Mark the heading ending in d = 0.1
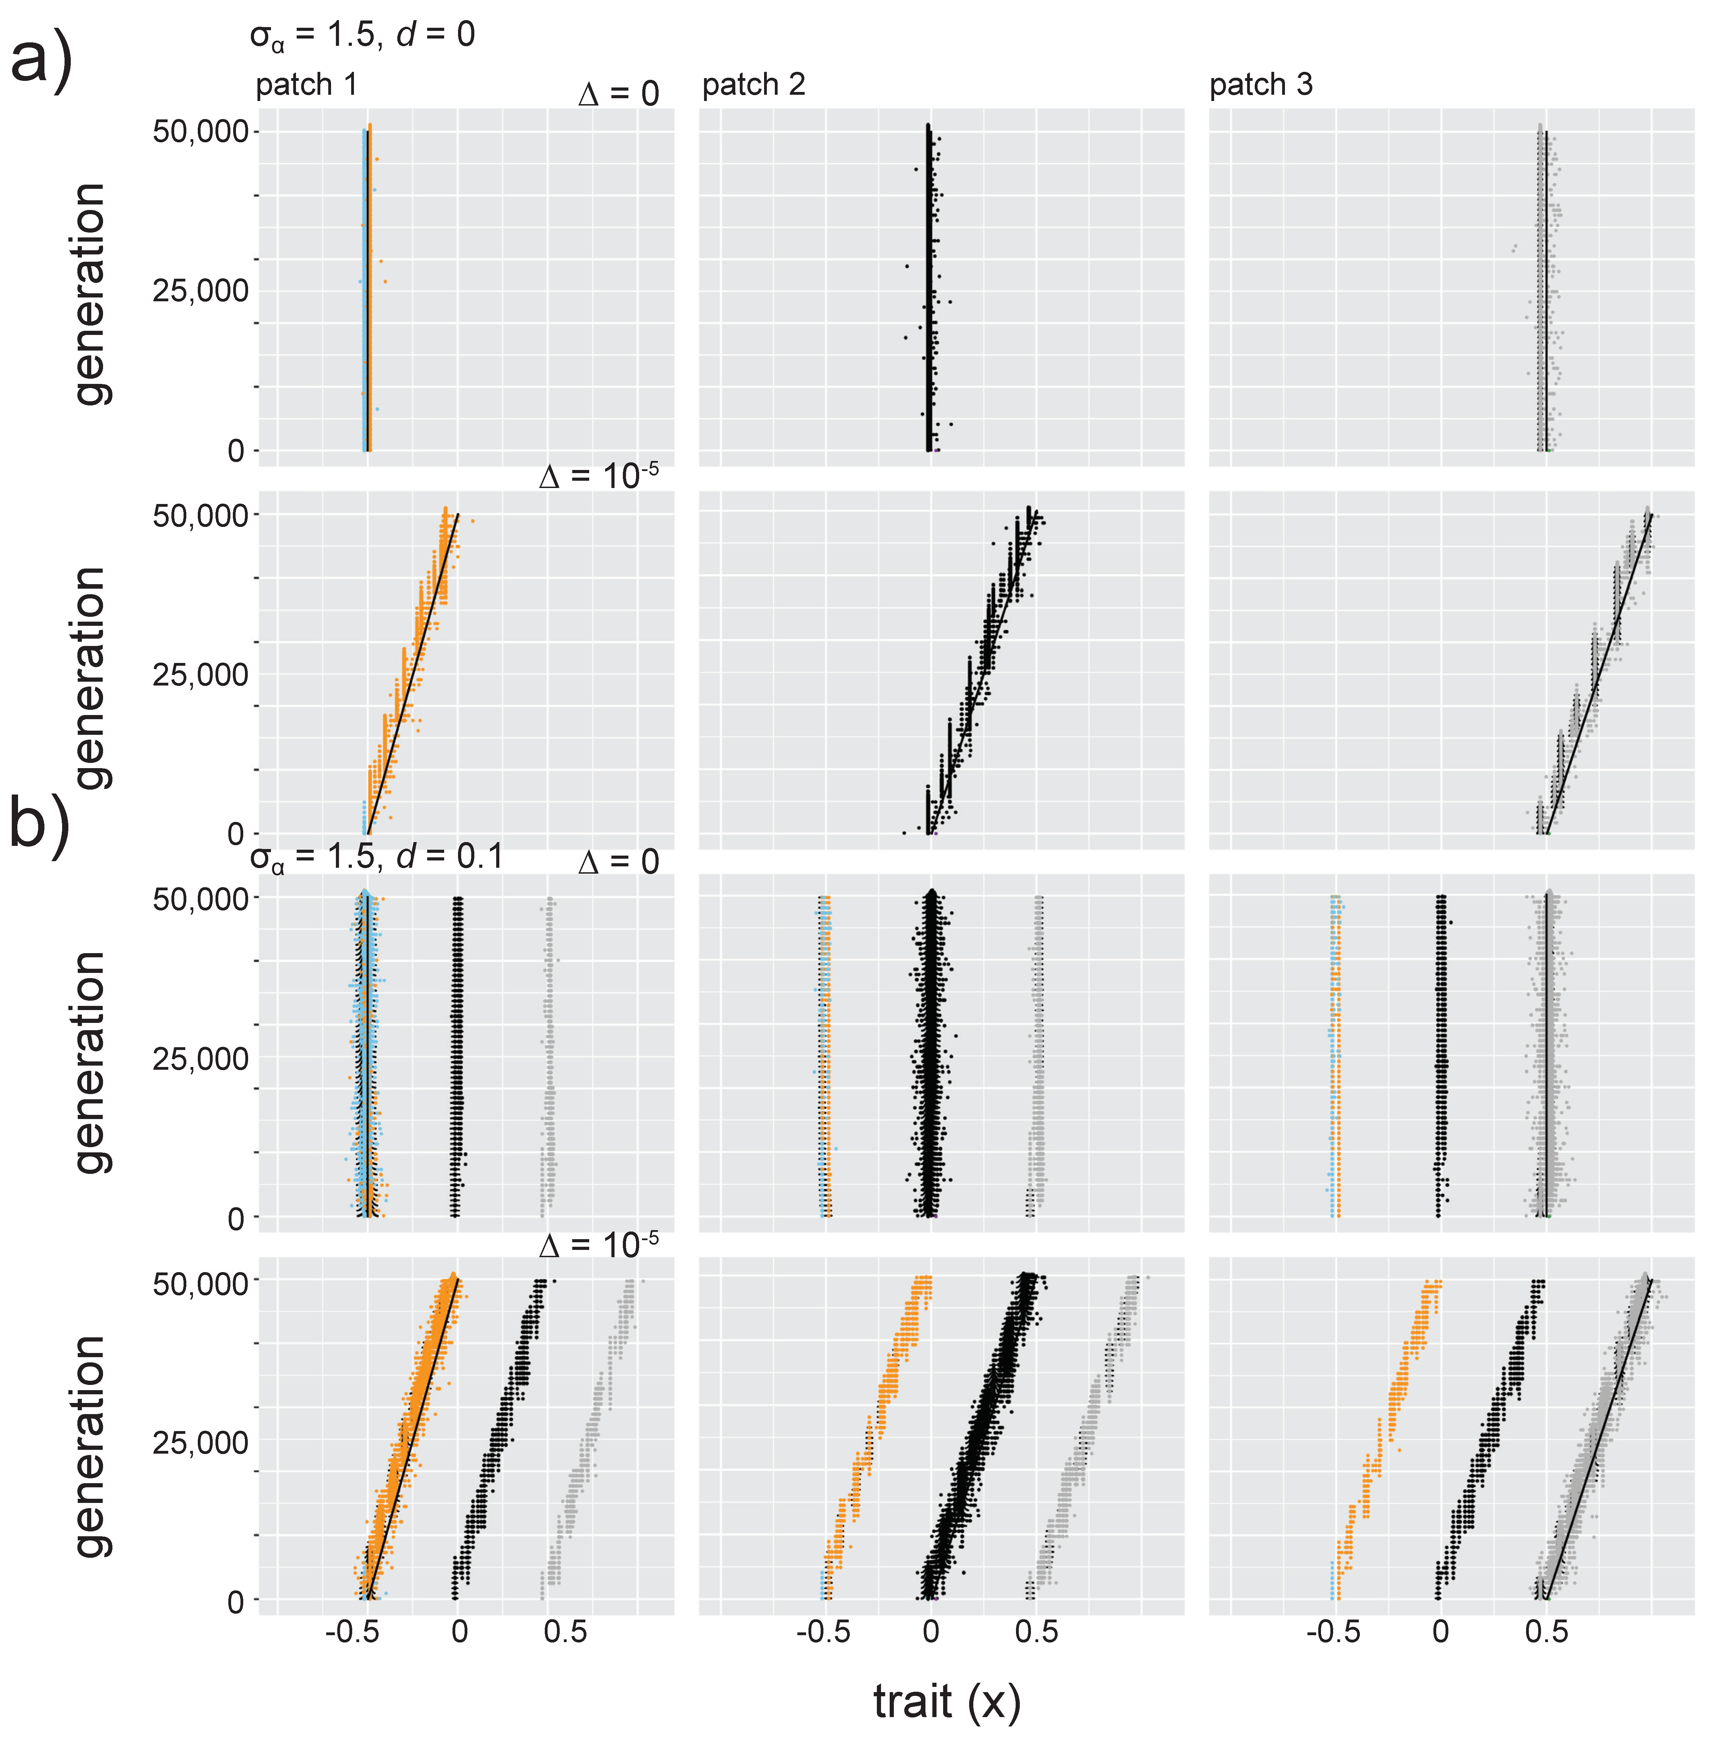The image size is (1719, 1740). coord(376,857)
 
